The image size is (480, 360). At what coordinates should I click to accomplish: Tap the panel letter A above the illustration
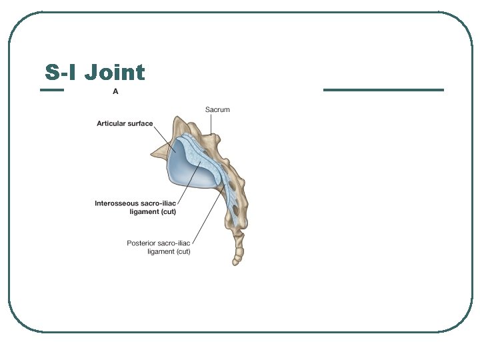click(x=115, y=92)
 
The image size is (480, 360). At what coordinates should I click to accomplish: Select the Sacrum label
click(x=217, y=109)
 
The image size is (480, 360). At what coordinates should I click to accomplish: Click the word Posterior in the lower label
click(x=143, y=243)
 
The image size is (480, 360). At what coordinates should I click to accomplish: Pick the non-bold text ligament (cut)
click(x=169, y=252)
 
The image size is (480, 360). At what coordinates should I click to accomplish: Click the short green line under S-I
click(x=52, y=90)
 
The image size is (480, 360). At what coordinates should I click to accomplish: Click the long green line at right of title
click(x=383, y=90)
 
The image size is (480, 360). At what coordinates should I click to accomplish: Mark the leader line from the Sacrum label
click(x=211, y=124)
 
